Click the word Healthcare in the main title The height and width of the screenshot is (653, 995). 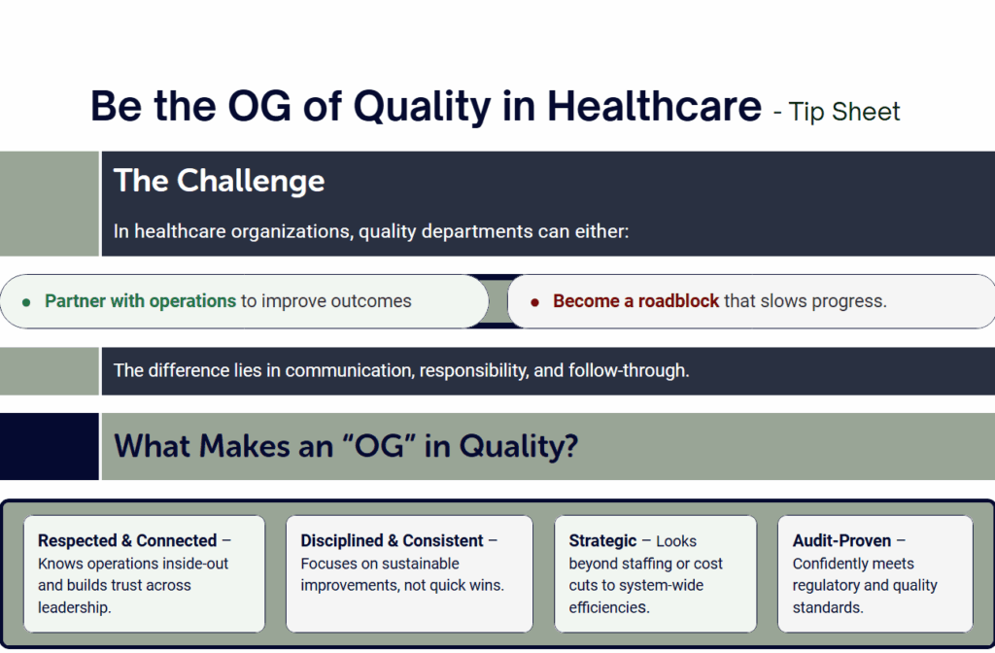[654, 106]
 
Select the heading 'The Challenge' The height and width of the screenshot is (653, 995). [219, 181]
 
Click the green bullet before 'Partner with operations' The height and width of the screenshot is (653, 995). [26, 303]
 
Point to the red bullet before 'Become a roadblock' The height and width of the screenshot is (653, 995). [535, 303]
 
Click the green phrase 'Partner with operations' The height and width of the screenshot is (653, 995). [140, 301]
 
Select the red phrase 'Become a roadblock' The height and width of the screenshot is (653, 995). [635, 301]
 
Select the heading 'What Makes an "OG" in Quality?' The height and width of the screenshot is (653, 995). [346, 445]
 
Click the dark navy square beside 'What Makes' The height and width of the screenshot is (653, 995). [50, 446]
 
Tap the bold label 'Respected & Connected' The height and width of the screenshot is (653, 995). [127, 540]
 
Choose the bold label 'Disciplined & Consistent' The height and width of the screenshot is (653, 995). [392, 540]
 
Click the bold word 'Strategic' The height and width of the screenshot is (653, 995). [602, 540]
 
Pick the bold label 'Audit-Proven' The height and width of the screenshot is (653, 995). [841, 540]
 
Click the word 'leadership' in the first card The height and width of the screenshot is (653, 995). [73, 607]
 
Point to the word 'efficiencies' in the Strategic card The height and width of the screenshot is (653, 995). [608, 607]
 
